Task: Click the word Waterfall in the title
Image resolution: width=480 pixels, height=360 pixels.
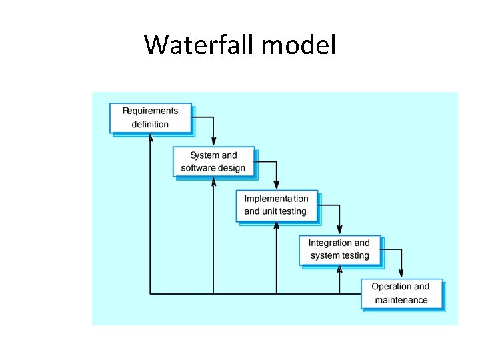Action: [x=200, y=45]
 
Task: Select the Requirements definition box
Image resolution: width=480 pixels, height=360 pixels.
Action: [x=150, y=118]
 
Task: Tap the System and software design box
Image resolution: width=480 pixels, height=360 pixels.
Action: [x=213, y=161]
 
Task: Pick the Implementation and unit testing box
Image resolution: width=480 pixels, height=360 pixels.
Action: [x=276, y=205]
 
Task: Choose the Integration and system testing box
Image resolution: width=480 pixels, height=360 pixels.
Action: [x=339, y=249]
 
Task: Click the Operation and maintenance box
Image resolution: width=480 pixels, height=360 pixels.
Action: [x=401, y=293]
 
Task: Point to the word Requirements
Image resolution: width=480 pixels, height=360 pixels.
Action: [x=150, y=111]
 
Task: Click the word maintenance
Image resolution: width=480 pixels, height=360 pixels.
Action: [x=401, y=301]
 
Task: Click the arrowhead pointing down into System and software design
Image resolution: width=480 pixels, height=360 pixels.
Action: [x=213, y=143]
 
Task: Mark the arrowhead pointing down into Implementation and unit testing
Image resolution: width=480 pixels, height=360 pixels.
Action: [x=277, y=187]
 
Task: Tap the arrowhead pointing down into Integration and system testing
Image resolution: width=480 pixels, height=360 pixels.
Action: [x=339, y=231]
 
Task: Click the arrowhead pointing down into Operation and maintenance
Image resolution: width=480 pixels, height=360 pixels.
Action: [x=401, y=274]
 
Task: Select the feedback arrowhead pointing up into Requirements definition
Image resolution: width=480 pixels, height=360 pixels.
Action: [x=151, y=138]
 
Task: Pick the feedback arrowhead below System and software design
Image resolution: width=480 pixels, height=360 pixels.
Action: [x=213, y=181]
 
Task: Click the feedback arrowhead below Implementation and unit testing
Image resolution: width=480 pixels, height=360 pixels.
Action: [x=277, y=225]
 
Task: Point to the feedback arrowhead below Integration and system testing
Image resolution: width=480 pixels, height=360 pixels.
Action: [x=339, y=269]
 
